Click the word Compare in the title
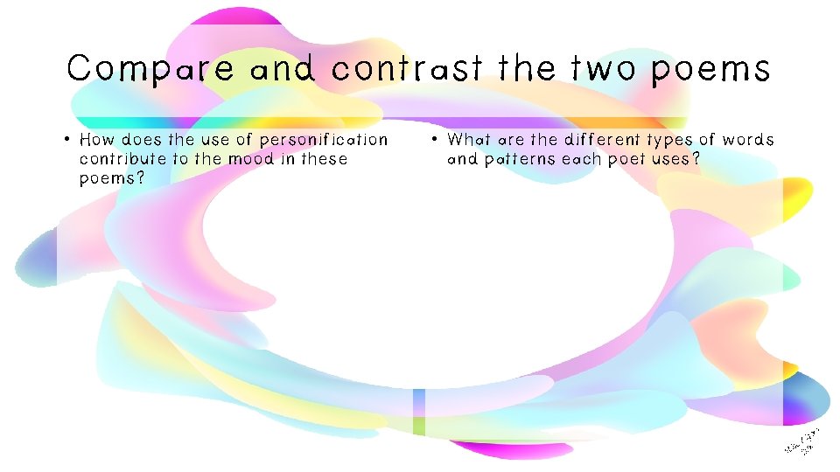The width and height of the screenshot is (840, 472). click(x=150, y=69)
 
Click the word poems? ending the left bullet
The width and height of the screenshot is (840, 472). click(x=111, y=179)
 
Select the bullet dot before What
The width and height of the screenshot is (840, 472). click(x=435, y=140)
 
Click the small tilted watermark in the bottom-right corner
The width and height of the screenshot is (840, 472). click(x=801, y=441)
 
